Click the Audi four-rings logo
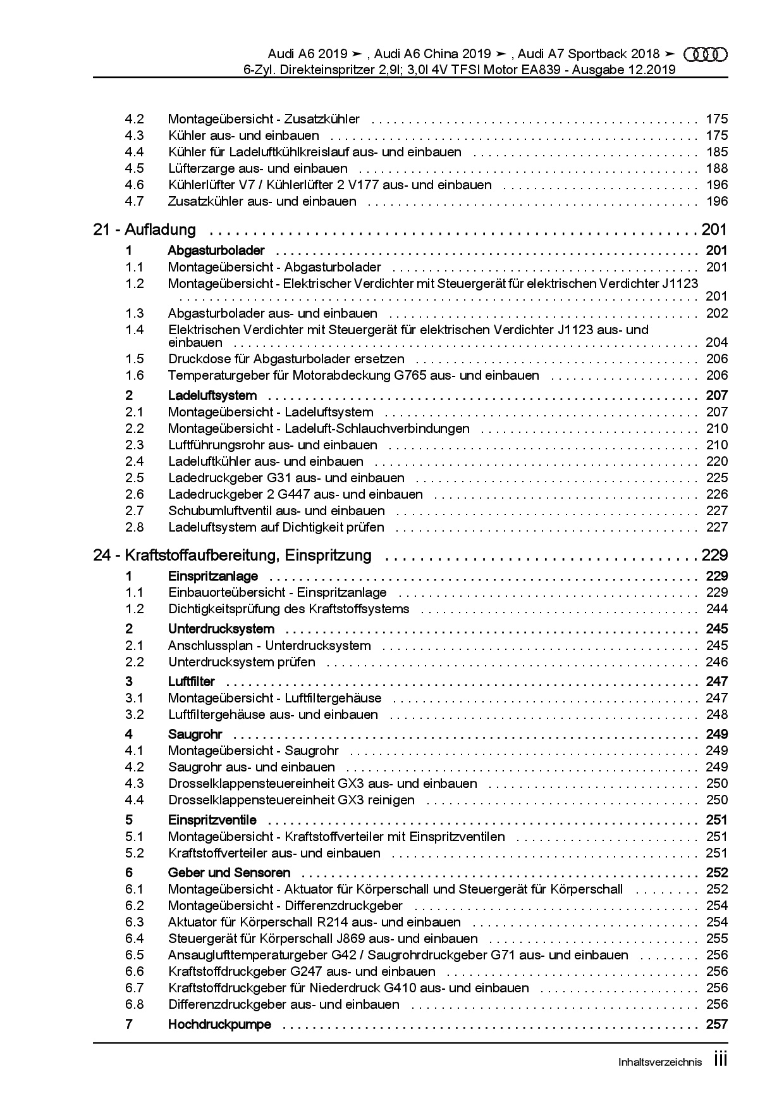[706, 54]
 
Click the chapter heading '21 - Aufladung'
[144, 230]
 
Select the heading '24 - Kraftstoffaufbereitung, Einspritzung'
[232, 556]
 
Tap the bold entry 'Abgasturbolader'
[216, 251]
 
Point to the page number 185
[717, 152]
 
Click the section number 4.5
[134, 168]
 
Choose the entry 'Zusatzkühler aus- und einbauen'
[262, 201]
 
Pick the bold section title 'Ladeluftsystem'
[212, 396]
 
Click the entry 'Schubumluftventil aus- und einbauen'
[276, 511]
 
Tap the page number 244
[717, 609]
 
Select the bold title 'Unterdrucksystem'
[221, 629]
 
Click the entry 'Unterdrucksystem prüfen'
[242, 662]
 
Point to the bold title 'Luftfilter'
[191, 682]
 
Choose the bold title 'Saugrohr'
[195, 734]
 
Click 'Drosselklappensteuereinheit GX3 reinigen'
[291, 800]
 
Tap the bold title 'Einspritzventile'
[212, 820]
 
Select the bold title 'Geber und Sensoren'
[229, 873]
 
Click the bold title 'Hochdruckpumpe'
[219, 1024]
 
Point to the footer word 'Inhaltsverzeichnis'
[659, 1063]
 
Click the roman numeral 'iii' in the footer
[721, 1060]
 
